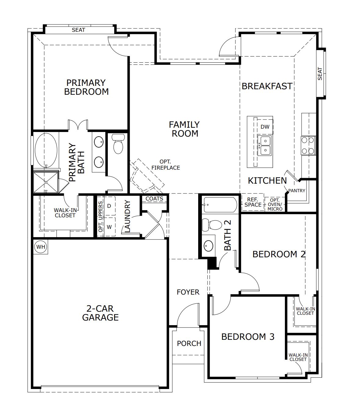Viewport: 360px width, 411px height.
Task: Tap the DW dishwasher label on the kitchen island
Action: pos(265,127)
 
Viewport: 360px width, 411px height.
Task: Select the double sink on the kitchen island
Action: pos(264,145)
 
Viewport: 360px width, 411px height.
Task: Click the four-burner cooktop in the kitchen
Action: pos(308,145)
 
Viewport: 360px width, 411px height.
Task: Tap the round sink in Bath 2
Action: pos(209,245)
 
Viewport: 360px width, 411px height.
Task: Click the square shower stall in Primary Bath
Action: pos(45,182)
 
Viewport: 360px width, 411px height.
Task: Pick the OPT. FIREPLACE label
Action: pos(165,165)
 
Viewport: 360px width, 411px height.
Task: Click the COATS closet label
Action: pos(154,199)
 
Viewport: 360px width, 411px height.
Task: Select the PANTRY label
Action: pos(296,191)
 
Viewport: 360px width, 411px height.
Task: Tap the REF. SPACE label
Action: pos(253,202)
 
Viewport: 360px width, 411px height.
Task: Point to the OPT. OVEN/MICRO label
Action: pos(275,204)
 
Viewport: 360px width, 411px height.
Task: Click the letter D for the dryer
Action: pos(109,206)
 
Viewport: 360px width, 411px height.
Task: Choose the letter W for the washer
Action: pos(109,227)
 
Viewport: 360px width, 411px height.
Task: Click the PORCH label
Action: pos(189,343)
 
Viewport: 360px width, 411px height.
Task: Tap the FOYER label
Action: pos(188,292)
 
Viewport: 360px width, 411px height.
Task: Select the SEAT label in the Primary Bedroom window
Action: pos(78,30)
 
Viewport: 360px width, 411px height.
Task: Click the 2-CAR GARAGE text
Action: pos(100,313)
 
